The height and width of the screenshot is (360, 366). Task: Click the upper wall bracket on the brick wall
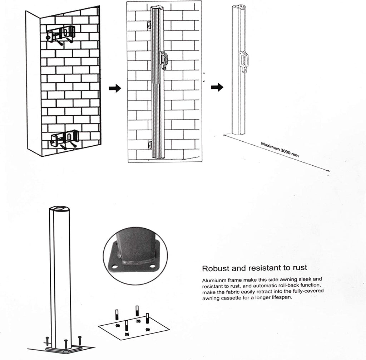point(61,35)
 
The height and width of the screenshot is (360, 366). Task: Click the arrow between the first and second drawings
point(115,88)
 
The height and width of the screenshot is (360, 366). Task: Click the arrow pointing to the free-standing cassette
point(217,87)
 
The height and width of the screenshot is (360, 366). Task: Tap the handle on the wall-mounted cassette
point(164,60)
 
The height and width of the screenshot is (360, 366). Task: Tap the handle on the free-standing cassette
point(244,61)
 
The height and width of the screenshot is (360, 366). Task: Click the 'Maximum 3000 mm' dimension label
point(280,150)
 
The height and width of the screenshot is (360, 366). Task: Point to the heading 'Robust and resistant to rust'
point(254,268)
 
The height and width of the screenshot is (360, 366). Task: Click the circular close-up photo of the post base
point(135,256)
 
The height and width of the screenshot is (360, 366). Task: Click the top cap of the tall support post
point(60,208)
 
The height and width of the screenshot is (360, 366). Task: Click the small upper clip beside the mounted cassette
point(149,25)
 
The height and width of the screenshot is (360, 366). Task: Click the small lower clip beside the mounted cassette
point(149,145)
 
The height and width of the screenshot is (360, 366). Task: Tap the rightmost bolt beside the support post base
point(80,340)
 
